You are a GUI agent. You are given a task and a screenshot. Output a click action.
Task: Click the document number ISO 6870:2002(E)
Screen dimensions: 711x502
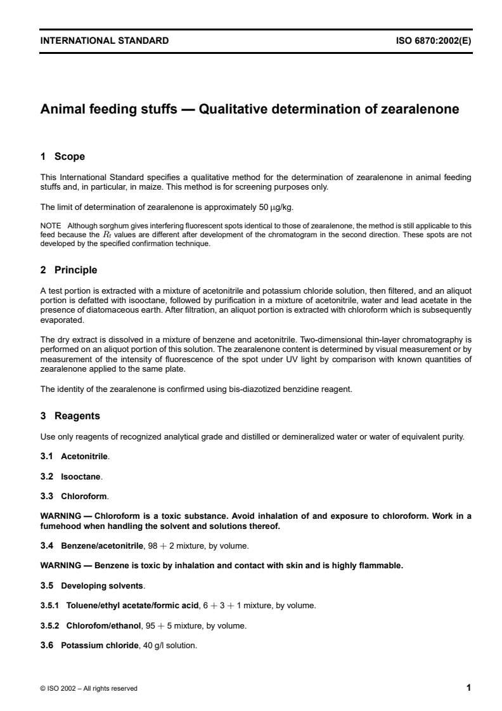(x=434, y=41)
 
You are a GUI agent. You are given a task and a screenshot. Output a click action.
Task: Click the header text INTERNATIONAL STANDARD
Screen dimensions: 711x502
(x=105, y=41)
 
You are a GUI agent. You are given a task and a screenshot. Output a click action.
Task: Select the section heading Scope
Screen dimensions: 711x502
(x=70, y=156)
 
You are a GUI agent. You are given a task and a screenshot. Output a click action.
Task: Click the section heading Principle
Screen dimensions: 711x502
(x=75, y=270)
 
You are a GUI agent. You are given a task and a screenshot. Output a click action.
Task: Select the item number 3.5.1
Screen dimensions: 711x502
(x=49, y=605)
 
